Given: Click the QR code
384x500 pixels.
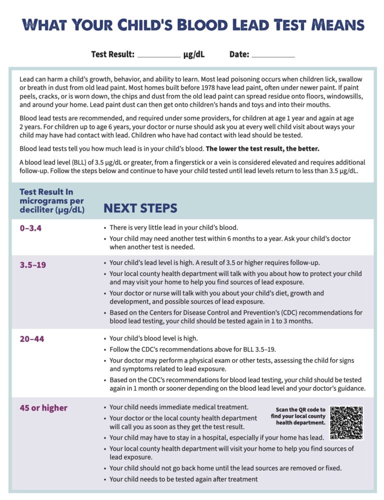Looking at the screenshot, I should [x=347, y=422].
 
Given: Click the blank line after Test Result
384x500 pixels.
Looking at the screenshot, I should [x=159, y=55].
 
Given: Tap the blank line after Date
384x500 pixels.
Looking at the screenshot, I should [x=273, y=55].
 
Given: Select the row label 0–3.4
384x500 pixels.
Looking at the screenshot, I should [x=30, y=228].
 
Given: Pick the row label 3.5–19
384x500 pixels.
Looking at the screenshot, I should [x=33, y=264].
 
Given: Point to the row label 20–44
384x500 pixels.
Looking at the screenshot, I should [x=32, y=339].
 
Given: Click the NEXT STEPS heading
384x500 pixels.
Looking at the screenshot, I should [x=140, y=208].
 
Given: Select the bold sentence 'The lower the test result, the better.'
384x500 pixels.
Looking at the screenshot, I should [x=263, y=148].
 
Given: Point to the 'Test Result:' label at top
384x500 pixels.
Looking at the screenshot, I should [x=113, y=54].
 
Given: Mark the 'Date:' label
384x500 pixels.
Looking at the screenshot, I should [x=239, y=54].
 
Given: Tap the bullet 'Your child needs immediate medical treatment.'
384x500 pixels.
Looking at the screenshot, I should [x=179, y=407].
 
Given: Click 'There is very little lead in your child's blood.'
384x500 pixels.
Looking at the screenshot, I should [x=174, y=227].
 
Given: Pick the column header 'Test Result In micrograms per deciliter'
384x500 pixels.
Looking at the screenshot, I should [x=52, y=200].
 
